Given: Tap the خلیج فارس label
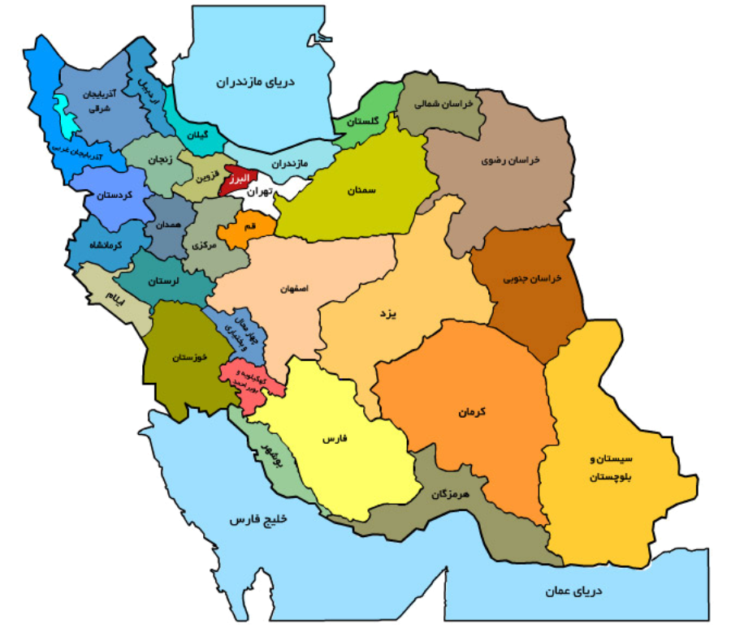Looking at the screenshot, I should click(x=258, y=519).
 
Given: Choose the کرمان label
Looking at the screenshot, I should click(x=470, y=412).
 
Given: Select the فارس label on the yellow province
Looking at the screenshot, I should click(x=335, y=438).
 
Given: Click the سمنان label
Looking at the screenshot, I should click(x=363, y=190).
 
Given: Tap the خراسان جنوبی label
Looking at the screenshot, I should click(x=533, y=278).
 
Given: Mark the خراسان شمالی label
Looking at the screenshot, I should click(x=439, y=104).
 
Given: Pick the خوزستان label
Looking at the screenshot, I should click(x=192, y=357).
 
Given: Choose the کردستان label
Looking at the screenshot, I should click(x=114, y=196).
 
